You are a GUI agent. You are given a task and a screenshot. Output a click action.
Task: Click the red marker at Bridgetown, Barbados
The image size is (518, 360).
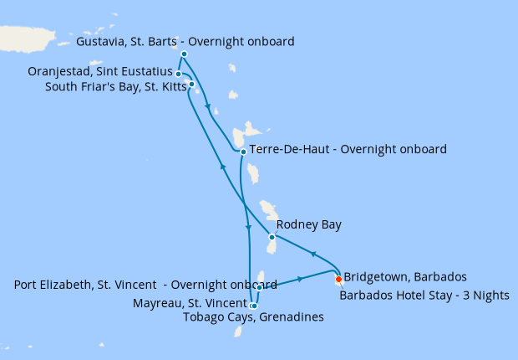338,280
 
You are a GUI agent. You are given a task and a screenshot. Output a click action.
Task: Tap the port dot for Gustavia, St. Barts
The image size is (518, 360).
184,54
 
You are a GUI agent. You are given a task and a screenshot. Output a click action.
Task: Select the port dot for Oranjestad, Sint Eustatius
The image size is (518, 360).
179,74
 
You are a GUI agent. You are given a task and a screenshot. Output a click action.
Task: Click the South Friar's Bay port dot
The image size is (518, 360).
191,84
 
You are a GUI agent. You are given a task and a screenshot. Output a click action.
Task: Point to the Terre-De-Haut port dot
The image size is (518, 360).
242,152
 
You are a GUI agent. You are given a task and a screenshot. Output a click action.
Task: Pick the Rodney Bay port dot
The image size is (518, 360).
272,237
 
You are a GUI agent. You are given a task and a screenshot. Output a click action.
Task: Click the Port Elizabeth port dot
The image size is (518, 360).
260,288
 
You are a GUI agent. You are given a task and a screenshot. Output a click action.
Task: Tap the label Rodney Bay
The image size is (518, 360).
308,224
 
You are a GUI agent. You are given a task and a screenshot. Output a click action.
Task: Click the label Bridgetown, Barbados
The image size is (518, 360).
404,276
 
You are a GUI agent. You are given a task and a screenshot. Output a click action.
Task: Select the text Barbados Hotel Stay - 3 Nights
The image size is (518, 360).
424,295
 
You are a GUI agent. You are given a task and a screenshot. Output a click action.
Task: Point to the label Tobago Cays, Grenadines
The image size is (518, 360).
252,316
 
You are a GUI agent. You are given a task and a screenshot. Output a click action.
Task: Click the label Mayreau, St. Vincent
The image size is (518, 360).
189,303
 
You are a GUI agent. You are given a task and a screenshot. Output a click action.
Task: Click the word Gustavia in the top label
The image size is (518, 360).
99,41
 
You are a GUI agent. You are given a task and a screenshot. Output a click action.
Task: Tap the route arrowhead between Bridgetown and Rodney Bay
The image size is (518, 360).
312,254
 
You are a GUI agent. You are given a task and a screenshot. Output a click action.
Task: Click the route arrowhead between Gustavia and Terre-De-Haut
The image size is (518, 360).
207,106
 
